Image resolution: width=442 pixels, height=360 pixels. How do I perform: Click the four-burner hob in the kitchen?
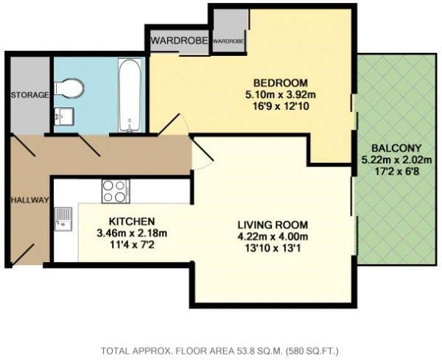(x=115, y=191)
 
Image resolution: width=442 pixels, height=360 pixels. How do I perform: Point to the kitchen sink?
(x=63, y=218)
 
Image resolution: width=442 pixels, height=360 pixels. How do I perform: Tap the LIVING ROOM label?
(x=273, y=224)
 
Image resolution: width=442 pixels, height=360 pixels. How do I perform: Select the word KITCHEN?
(x=131, y=220)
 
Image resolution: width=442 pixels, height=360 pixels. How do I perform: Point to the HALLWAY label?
(x=29, y=200)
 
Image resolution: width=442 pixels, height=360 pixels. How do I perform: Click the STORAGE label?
(x=29, y=95)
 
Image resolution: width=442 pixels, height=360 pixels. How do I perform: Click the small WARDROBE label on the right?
(x=228, y=41)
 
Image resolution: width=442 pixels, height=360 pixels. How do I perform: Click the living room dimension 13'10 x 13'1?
(x=273, y=249)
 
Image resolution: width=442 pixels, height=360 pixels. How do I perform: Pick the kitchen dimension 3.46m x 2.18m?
(x=131, y=233)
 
